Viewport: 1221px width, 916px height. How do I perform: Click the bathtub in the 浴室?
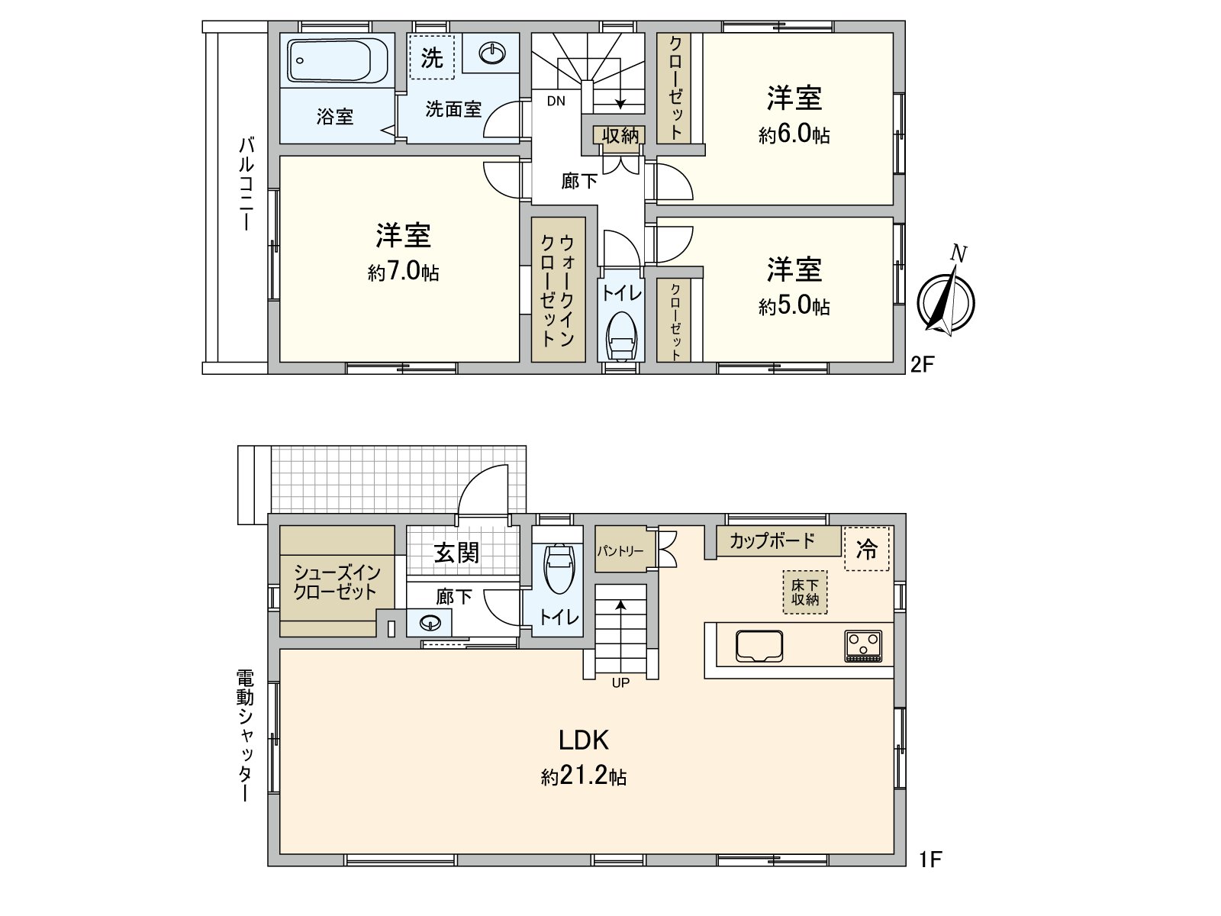pyautogui.click(x=337, y=61)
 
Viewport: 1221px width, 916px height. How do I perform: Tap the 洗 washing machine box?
pyautogui.click(x=432, y=57)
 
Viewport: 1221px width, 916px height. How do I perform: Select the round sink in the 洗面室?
pyautogui.click(x=492, y=53)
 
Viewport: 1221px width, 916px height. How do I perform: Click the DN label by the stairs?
pyautogui.click(x=556, y=101)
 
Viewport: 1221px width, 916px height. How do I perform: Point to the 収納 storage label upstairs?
pyautogui.click(x=620, y=136)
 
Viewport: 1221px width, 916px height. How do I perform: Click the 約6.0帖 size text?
pyautogui.click(x=794, y=135)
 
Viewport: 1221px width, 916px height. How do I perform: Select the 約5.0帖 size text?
pyautogui.click(x=794, y=307)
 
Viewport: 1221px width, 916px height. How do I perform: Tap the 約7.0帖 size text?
pyautogui.click(x=403, y=272)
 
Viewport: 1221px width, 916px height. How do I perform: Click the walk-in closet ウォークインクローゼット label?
pyautogui.click(x=558, y=290)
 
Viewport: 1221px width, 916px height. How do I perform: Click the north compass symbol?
pyautogui.click(x=946, y=299)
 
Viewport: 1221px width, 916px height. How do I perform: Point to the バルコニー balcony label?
pyautogui.click(x=246, y=183)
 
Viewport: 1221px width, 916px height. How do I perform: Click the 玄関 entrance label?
pyautogui.click(x=456, y=552)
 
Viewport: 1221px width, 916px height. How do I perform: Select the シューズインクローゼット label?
pyautogui.click(x=336, y=582)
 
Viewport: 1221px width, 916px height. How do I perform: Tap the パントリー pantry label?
pyautogui.click(x=620, y=550)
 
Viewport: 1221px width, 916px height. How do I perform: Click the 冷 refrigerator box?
pyautogui.click(x=867, y=549)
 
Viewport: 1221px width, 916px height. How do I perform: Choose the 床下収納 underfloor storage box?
pyautogui.click(x=804, y=592)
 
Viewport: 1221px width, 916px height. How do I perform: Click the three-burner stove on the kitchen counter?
pyautogui.click(x=863, y=646)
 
